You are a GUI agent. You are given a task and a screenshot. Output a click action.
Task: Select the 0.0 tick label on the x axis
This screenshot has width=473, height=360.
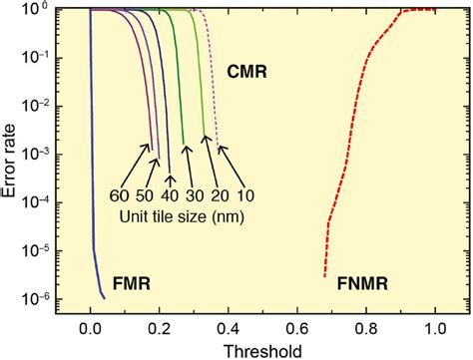click(91, 324)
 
